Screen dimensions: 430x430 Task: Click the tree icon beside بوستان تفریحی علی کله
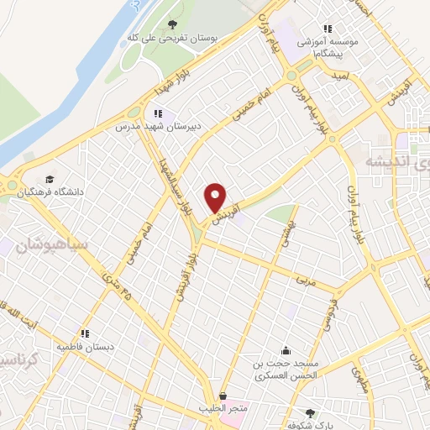pyautogui.click(x=172, y=24)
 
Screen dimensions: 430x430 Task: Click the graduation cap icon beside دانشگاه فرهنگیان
pyautogui.click(x=50, y=180)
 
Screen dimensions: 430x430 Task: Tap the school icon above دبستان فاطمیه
pyautogui.click(x=85, y=333)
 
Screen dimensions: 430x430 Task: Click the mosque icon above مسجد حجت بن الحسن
pyautogui.click(x=286, y=351)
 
